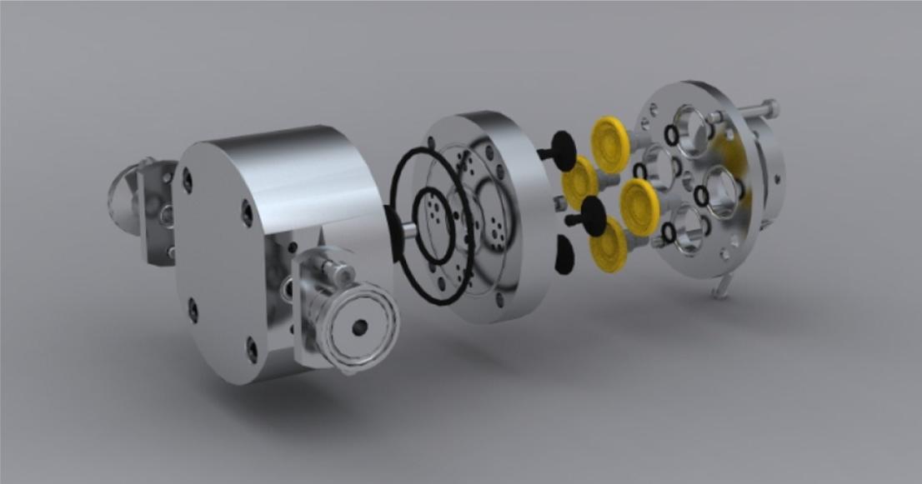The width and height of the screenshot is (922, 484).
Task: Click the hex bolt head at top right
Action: [770, 108]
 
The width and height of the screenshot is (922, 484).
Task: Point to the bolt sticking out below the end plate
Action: [722, 287]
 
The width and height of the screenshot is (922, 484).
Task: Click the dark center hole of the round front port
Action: [359, 328]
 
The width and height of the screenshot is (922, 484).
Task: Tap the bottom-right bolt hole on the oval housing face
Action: [252, 350]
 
